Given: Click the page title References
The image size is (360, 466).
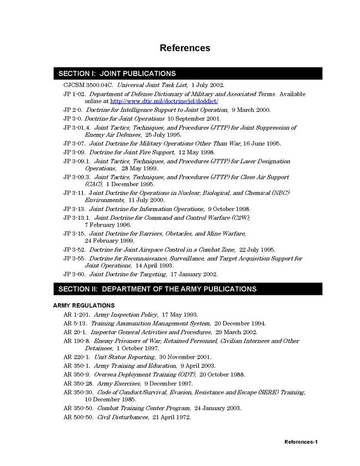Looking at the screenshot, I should coord(185,48).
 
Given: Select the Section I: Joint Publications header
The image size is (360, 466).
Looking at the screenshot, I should coord(117,74).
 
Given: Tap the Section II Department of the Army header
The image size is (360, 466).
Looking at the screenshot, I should coord(157,289).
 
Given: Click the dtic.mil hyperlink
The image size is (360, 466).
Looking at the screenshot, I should coord(164,102).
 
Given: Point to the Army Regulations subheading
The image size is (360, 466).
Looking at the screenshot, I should coord(84,305).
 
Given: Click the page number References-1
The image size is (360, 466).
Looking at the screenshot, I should coord(300,442).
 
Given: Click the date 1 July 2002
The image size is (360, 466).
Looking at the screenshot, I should coord(208,84).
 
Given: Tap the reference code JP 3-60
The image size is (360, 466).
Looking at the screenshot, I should coord(74,274).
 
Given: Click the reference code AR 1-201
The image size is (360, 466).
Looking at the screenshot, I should coord(77,314).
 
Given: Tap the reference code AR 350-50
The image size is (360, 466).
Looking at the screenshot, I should coord(78,408).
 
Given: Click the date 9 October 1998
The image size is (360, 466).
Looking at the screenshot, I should coord(229,209).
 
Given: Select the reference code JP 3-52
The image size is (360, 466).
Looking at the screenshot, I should coord(74,249).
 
